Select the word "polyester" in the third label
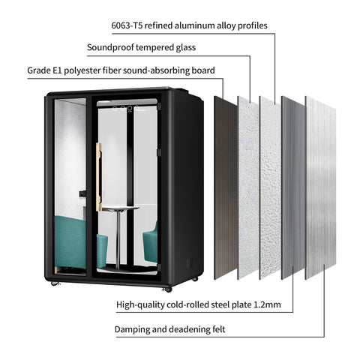(x=82, y=70)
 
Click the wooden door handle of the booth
(x=99, y=177)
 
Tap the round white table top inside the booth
(x=121, y=208)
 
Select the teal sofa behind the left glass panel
(x=70, y=242)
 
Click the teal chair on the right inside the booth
(x=150, y=241)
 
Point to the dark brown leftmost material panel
(x=226, y=188)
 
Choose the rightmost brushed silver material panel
(x=320, y=187)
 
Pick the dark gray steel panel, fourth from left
(x=293, y=187)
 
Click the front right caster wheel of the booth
(x=167, y=289)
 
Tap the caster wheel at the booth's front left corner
(x=55, y=283)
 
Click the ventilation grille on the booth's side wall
(x=190, y=263)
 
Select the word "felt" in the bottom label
(x=219, y=329)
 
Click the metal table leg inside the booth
(x=118, y=240)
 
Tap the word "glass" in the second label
(x=185, y=48)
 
